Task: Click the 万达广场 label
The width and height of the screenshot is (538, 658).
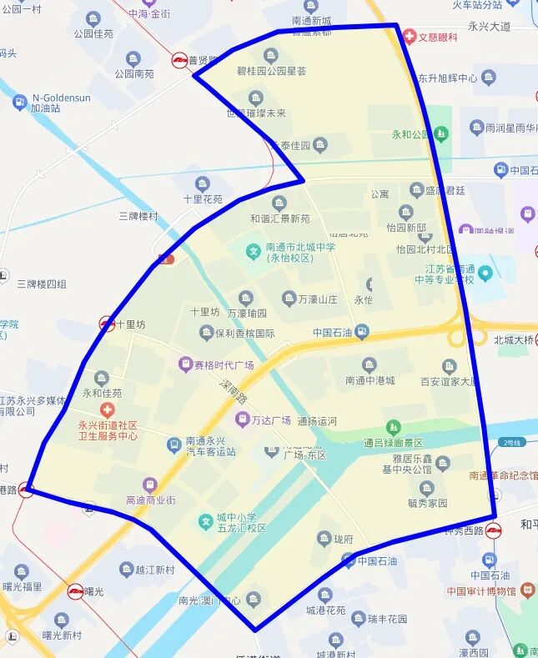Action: point(271,420)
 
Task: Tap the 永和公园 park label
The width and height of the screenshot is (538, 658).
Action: point(409,133)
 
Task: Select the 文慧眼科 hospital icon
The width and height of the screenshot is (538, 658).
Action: point(410,37)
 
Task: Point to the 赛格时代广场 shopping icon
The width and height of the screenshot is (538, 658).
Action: point(185,364)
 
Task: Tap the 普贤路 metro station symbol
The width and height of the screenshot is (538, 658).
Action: point(179,60)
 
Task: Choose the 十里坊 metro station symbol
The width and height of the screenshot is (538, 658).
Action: point(107,324)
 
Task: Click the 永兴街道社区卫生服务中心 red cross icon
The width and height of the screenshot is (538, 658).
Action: point(107,409)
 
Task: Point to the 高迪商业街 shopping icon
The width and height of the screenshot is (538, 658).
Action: point(149,485)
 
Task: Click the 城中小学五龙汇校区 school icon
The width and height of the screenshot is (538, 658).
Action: point(205,522)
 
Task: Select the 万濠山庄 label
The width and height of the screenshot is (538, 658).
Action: point(318,299)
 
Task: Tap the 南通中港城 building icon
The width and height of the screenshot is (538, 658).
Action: point(370,364)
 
